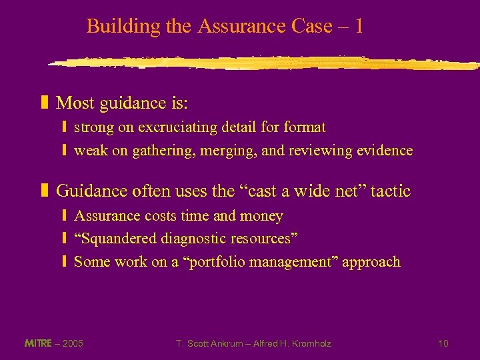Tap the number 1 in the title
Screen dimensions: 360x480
(x=359, y=27)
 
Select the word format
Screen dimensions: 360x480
(x=305, y=127)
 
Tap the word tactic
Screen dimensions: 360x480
(x=391, y=191)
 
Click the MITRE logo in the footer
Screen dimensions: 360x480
(x=38, y=343)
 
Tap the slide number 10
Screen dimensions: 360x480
(x=443, y=343)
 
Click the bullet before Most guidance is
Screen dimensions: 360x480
(x=45, y=103)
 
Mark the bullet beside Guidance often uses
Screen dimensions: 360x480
(x=45, y=191)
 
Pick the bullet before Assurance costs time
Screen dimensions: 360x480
(x=64, y=216)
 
